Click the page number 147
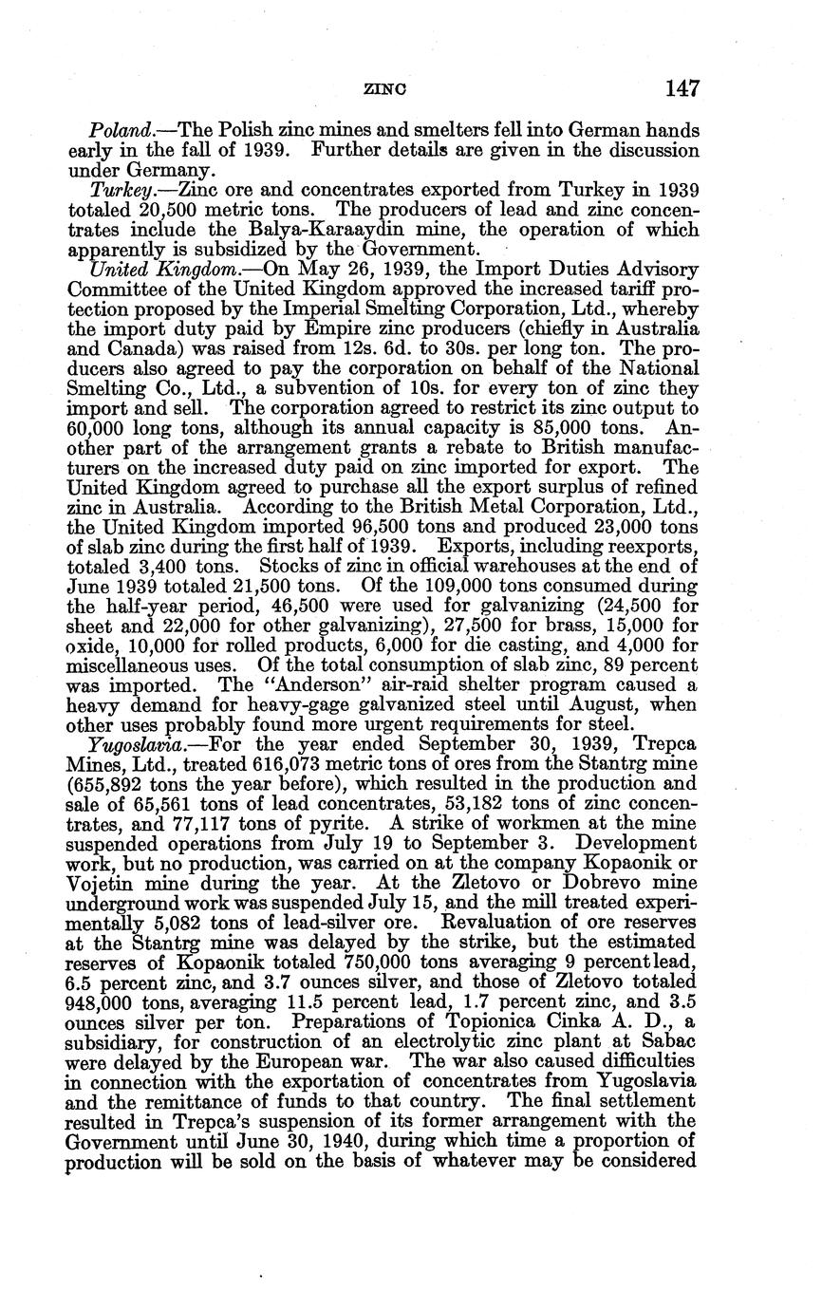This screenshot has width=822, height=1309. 682,89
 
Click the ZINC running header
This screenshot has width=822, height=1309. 385,90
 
